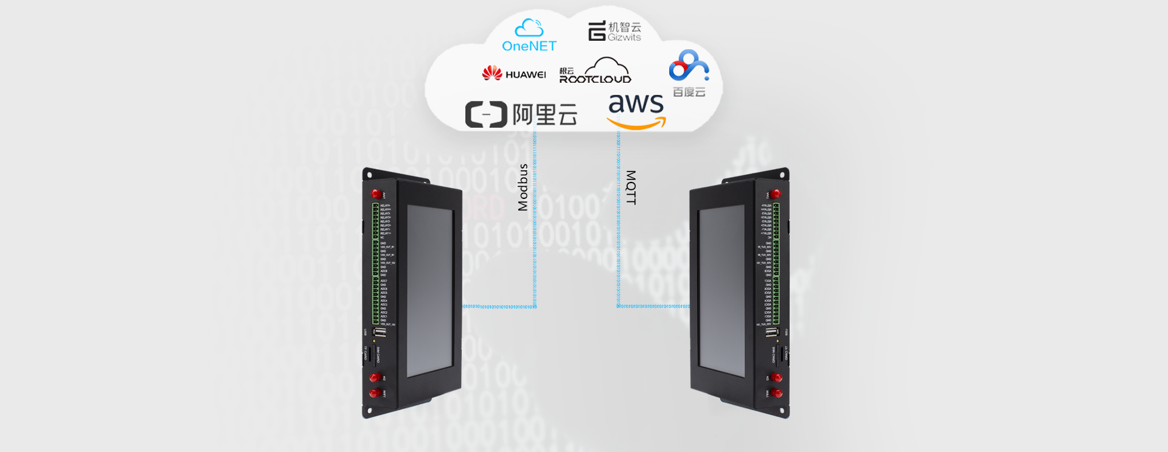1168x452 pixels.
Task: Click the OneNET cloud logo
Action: click(x=529, y=35)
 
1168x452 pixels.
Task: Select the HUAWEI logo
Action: click(x=514, y=74)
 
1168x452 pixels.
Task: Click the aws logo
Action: click(x=636, y=110)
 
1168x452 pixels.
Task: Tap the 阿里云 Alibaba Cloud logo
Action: click(x=521, y=114)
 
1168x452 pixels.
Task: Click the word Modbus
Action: click(x=523, y=187)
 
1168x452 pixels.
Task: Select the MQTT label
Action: click(x=631, y=187)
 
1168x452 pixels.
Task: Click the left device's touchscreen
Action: click(x=429, y=291)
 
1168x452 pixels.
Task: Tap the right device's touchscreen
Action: click(x=721, y=291)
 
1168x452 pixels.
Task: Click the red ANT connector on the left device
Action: click(x=376, y=194)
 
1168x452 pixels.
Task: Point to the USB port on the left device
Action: click(x=380, y=333)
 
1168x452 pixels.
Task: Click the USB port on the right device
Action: click(x=771, y=333)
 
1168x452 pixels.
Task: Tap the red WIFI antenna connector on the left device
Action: click(x=375, y=393)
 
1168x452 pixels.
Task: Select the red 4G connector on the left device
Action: click(x=375, y=378)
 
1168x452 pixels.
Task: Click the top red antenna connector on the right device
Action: click(x=776, y=194)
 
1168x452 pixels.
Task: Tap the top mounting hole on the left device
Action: click(x=369, y=175)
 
